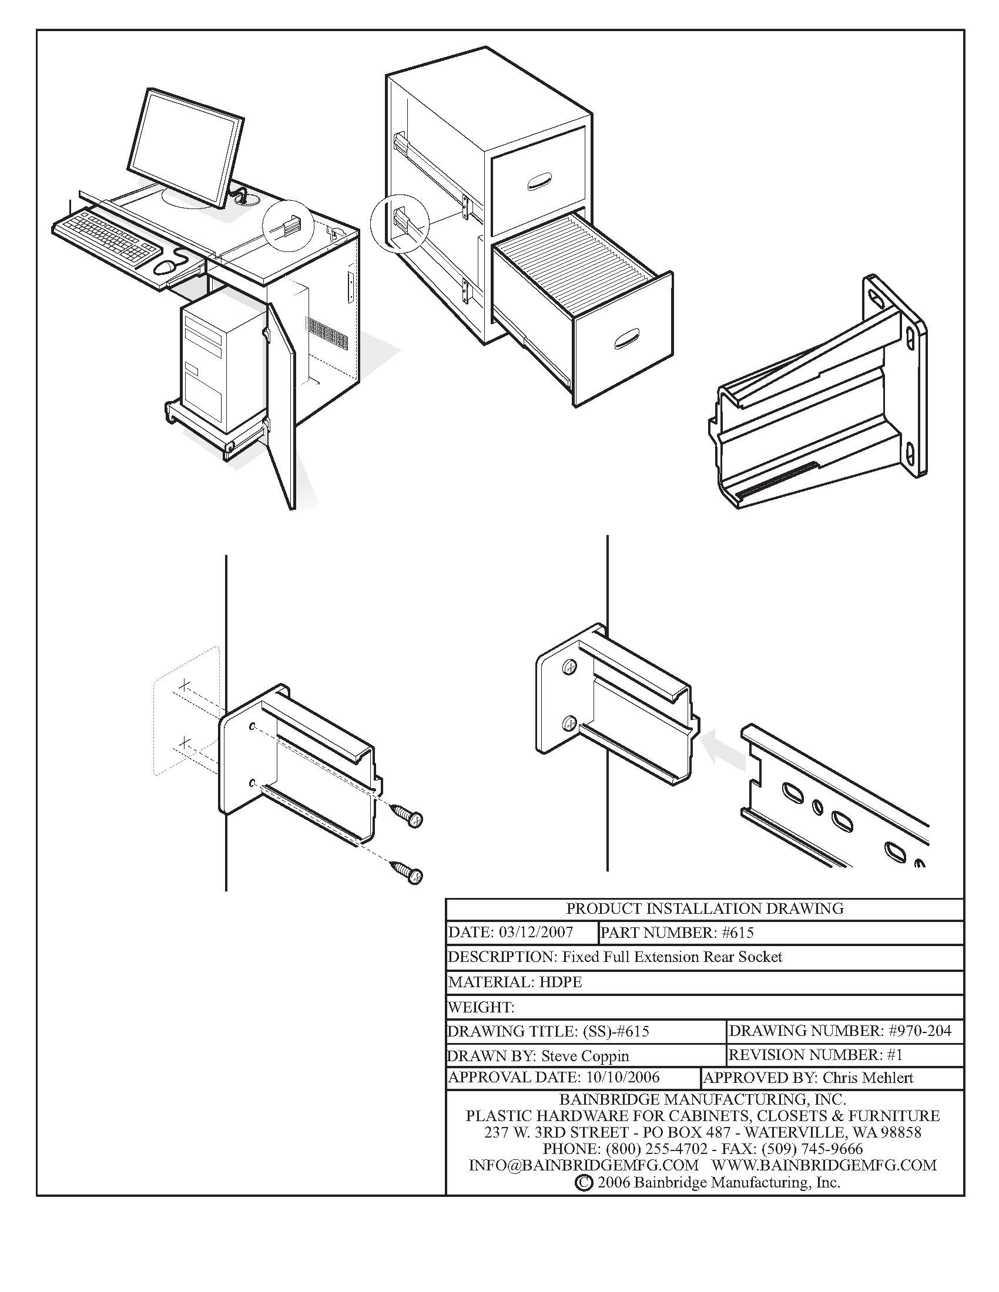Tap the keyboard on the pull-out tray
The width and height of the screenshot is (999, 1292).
pyautogui.click(x=106, y=239)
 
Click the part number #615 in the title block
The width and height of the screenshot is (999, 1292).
pyautogui.click(x=737, y=933)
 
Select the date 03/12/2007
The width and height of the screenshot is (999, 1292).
pyautogui.click(x=535, y=933)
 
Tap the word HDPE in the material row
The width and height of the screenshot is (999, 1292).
pyautogui.click(x=561, y=983)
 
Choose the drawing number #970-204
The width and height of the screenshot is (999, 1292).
pyautogui.click(x=920, y=1031)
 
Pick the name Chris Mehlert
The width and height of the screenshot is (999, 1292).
pyautogui.click(x=867, y=1078)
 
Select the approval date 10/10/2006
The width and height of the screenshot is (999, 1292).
pyautogui.click(x=622, y=1078)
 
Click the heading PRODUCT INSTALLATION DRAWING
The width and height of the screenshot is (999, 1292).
pyautogui.click(x=704, y=909)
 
